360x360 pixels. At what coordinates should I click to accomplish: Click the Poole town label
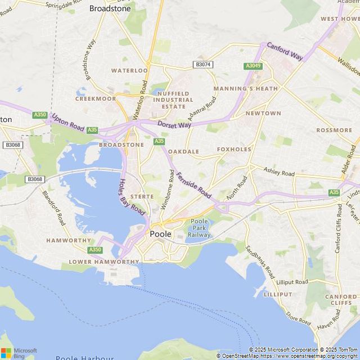point(160,234)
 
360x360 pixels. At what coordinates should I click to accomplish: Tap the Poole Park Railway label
point(200,228)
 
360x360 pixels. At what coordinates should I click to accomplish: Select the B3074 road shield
point(204,65)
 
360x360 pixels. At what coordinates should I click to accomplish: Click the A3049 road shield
point(253,66)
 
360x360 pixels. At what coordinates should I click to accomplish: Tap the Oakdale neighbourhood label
point(183,152)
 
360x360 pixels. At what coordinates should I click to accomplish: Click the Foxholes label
point(234,150)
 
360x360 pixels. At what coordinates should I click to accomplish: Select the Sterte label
point(142,196)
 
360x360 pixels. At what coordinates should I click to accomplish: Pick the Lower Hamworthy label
point(103,262)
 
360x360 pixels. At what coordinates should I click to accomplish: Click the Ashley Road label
point(279,173)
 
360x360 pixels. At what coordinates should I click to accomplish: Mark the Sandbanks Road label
point(259,262)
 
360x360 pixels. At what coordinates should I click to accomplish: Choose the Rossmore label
point(334,130)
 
